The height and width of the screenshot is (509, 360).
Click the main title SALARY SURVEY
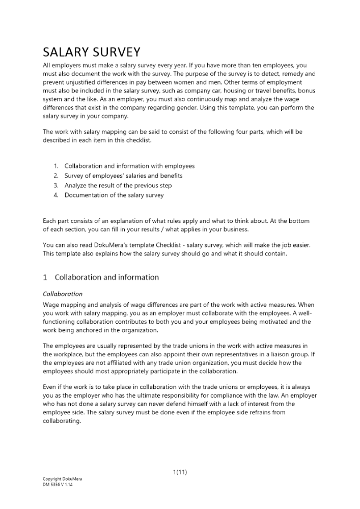click(91, 52)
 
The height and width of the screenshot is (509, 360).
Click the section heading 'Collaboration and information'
click(106, 277)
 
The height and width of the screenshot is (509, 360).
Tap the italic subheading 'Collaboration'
click(63, 294)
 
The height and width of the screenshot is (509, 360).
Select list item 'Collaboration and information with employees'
click(129, 166)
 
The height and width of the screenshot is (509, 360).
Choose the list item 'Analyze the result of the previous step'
click(118, 185)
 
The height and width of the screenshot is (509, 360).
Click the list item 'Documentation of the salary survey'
click(114, 195)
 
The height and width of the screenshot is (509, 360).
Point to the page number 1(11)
click(180, 472)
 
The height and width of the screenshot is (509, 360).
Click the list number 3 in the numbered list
click(56, 185)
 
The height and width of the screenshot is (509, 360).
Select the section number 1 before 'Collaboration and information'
click(45, 277)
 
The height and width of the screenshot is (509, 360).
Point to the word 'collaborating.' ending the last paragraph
click(62, 420)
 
